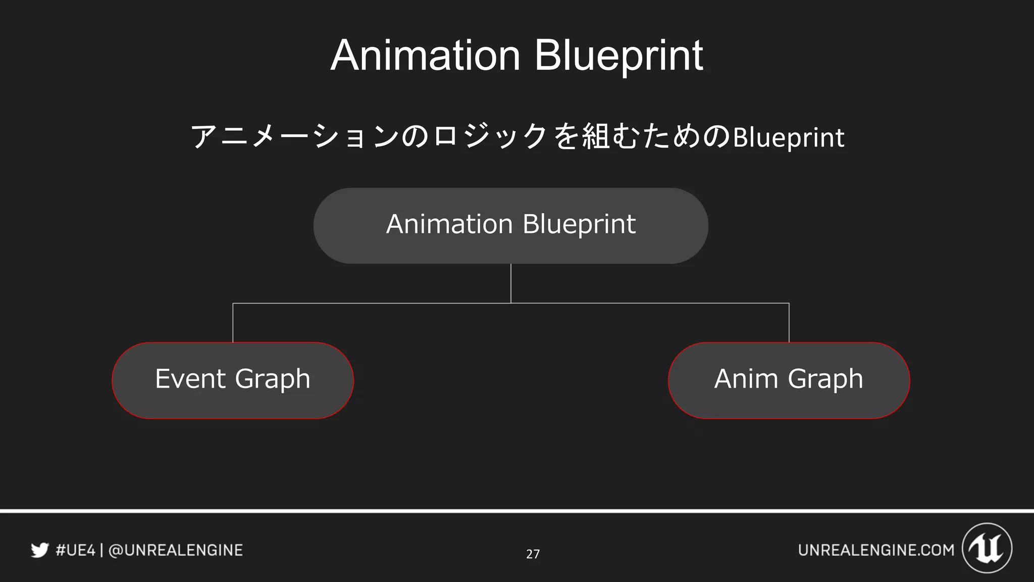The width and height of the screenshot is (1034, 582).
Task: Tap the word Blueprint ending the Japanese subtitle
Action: (x=788, y=137)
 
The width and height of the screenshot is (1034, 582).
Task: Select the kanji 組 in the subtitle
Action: (x=596, y=136)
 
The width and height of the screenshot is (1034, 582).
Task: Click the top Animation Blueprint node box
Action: (x=510, y=225)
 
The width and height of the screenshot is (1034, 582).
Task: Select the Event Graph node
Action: (x=233, y=380)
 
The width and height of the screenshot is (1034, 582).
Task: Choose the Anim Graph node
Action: (x=789, y=380)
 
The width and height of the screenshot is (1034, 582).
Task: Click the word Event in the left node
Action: (x=190, y=379)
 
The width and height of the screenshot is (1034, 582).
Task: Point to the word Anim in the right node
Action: (x=746, y=379)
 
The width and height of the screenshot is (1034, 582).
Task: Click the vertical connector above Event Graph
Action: (x=233, y=323)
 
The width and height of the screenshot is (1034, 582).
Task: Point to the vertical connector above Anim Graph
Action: (x=789, y=323)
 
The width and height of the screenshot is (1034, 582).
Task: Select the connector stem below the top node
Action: (x=511, y=283)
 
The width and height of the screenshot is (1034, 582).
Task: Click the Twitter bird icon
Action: (x=40, y=550)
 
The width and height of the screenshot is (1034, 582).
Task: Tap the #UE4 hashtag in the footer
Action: (x=75, y=550)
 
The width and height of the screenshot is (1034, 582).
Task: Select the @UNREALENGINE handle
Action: (x=176, y=550)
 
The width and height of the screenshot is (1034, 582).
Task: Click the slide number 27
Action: (x=533, y=554)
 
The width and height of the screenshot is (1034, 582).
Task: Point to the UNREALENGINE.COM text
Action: (x=876, y=550)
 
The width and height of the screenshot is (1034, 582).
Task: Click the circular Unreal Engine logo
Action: (x=987, y=548)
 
